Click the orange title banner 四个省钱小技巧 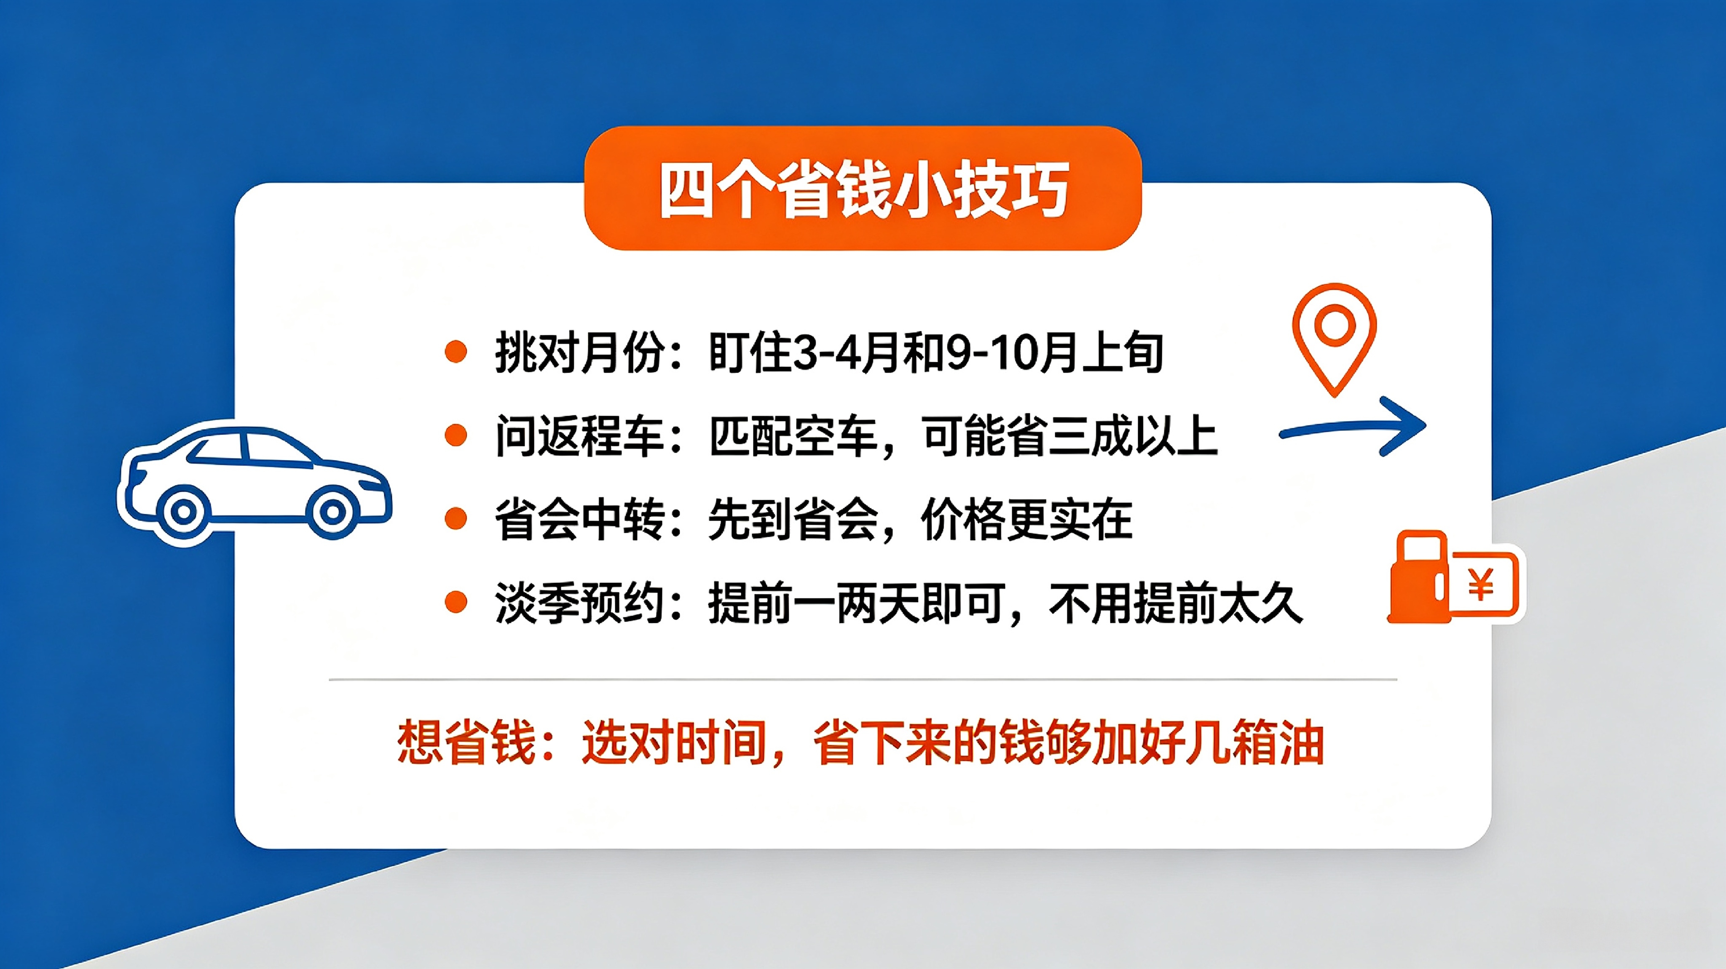coord(863,188)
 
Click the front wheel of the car coord(332,512)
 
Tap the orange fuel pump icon coord(1419,577)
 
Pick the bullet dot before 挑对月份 coord(456,352)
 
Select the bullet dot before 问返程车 coord(456,435)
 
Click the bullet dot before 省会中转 coord(456,519)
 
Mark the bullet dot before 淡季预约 coord(456,602)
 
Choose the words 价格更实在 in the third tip coord(1026,519)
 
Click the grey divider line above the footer coord(863,679)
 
